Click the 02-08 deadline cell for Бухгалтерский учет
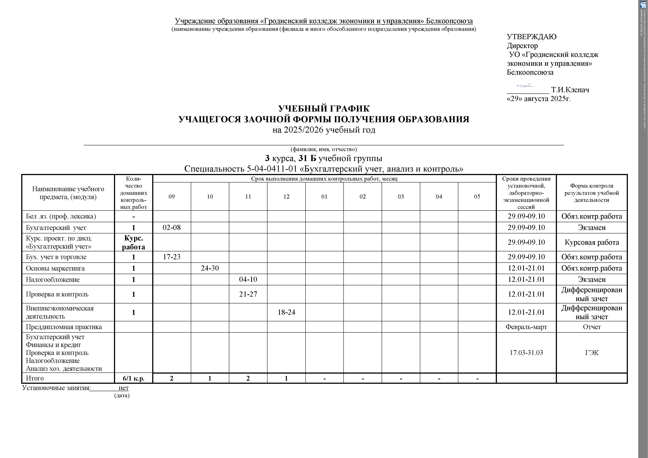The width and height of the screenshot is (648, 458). coord(172,228)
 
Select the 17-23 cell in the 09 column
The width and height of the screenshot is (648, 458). coord(172,257)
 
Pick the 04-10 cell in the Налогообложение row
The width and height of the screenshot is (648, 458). coord(248,280)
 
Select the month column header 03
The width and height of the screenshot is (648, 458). coord(401,197)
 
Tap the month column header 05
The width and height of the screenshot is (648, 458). coord(477,197)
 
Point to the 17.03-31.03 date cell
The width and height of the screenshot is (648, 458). coord(526,353)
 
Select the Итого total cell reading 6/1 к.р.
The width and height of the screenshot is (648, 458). coord(134,378)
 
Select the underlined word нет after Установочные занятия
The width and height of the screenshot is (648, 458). coord(124,388)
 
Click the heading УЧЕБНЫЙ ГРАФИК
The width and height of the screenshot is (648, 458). coord(324,109)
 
